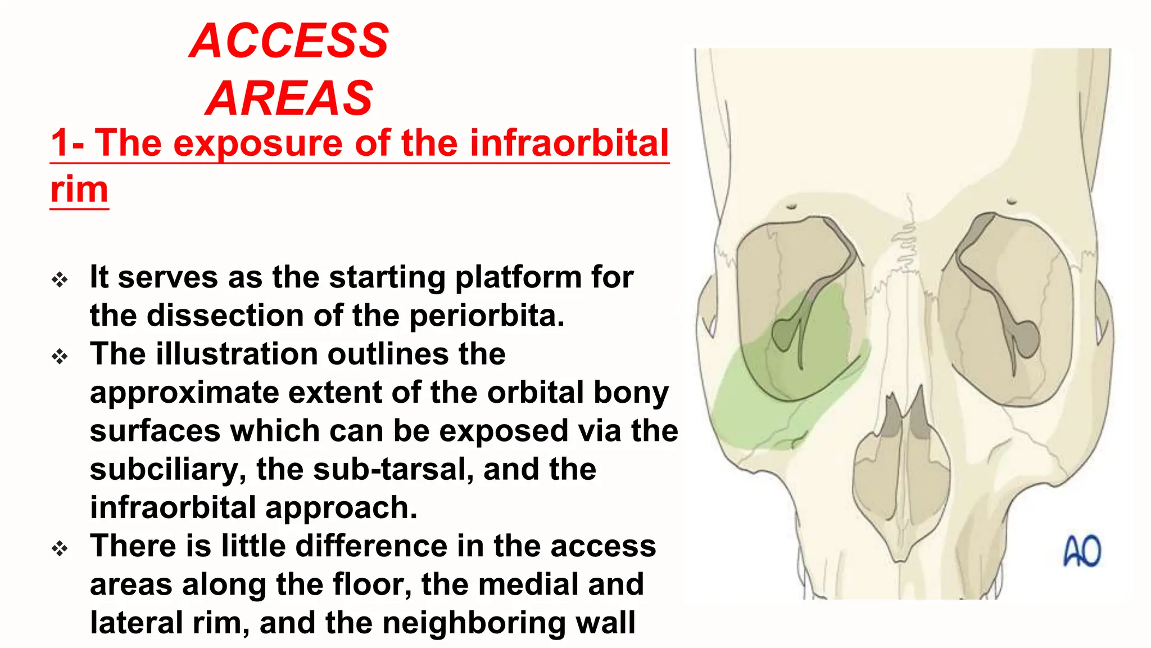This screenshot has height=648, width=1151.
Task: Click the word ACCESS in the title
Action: click(289, 40)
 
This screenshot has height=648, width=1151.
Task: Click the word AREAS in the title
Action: click(289, 98)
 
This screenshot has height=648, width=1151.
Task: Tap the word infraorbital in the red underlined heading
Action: click(569, 143)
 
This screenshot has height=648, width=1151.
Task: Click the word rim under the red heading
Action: click(79, 189)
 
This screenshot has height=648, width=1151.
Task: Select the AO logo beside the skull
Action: click(1082, 551)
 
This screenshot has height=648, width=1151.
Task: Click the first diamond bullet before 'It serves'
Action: click(60, 280)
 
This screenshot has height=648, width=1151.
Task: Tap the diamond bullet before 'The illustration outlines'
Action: click(60, 356)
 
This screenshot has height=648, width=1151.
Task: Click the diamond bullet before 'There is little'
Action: click(60, 548)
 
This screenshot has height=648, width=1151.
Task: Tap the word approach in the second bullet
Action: click(341, 507)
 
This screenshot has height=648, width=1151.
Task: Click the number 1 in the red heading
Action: click(60, 143)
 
